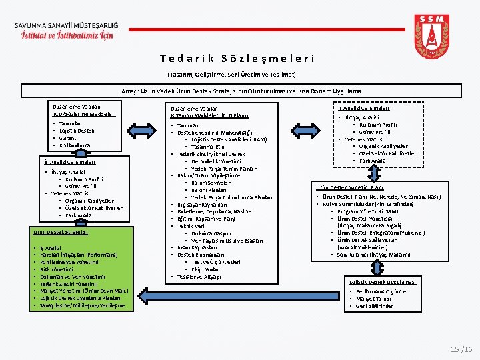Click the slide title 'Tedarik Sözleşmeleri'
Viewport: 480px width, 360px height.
click(237, 59)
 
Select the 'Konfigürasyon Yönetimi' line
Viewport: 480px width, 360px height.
click(73, 262)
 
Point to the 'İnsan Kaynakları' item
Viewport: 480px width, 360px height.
click(197, 247)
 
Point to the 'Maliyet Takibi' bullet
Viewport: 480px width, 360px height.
click(376, 299)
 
